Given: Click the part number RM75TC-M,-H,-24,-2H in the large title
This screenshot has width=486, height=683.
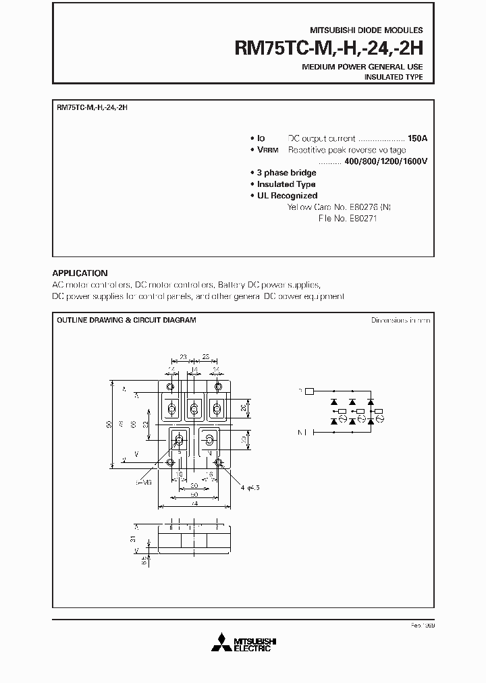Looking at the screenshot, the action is (x=328, y=49).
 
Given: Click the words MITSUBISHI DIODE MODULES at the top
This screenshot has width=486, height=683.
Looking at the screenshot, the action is (x=367, y=30).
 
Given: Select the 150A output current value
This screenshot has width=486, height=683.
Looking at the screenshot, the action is (x=417, y=138).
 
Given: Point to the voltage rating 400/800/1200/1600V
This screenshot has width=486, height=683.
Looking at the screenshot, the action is (x=386, y=161).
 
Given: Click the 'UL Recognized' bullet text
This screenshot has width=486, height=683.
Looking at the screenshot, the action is (x=287, y=196).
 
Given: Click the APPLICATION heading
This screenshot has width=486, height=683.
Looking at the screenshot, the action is (x=80, y=273).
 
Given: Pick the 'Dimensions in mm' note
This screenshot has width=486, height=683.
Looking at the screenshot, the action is (x=400, y=320).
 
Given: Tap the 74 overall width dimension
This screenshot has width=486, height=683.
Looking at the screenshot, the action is (x=193, y=503).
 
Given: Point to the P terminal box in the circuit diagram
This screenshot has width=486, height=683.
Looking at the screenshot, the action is (x=310, y=391).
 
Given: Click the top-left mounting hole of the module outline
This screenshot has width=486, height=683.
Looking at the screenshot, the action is (x=170, y=387).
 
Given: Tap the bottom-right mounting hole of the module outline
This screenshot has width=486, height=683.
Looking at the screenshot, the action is (x=218, y=462).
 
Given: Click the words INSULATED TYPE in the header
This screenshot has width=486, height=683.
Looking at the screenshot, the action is (x=394, y=78).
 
